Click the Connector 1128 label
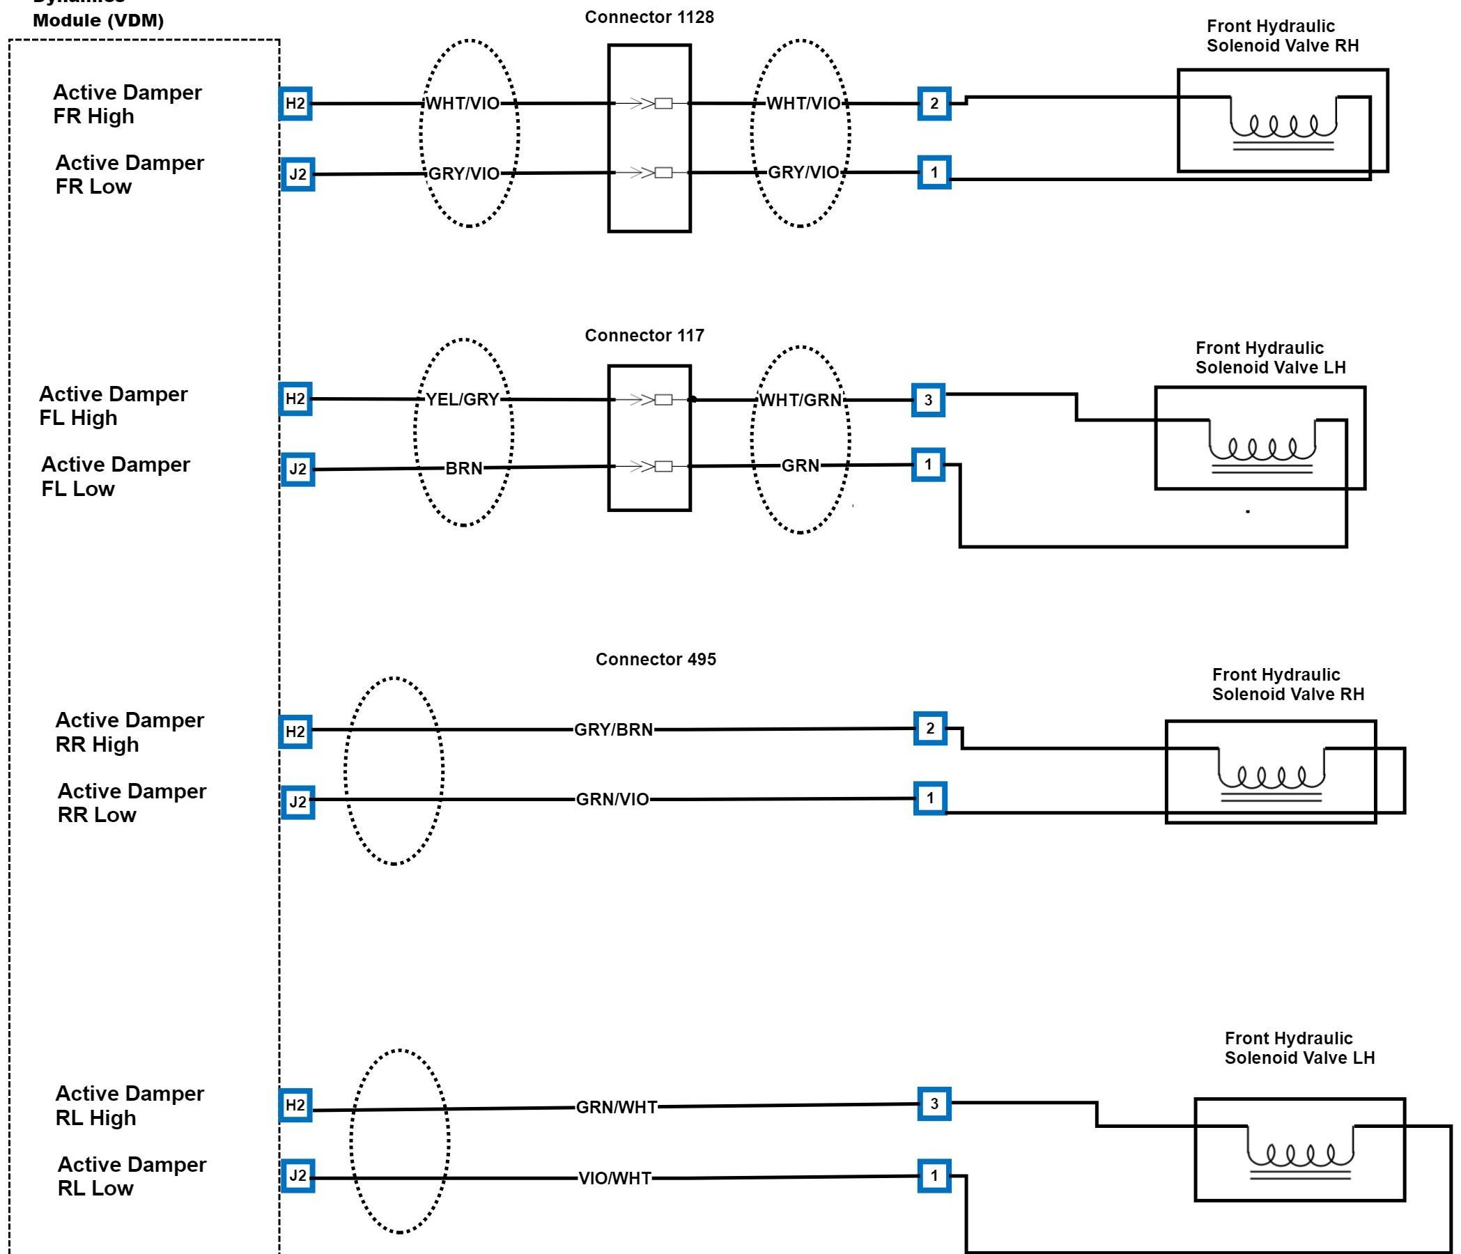point(649,17)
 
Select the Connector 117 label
point(644,335)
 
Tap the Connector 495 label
point(656,659)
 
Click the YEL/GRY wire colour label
point(463,400)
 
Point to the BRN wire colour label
point(464,468)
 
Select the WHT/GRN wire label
point(801,401)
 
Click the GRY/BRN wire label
point(613,729)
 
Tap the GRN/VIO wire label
point(612,799)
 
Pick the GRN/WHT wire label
point(617,1108)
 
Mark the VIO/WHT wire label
point(615,1179)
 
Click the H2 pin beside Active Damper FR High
point(295,104)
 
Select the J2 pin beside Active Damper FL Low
point(297,470)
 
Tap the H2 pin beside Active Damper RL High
point(295,1106)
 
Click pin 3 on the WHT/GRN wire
point(928,400)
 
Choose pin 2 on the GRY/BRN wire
point(930,728)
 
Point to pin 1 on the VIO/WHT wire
point(934,1176)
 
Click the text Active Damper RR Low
point(132,803)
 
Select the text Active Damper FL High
point(114,406)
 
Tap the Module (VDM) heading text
point(98,20)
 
